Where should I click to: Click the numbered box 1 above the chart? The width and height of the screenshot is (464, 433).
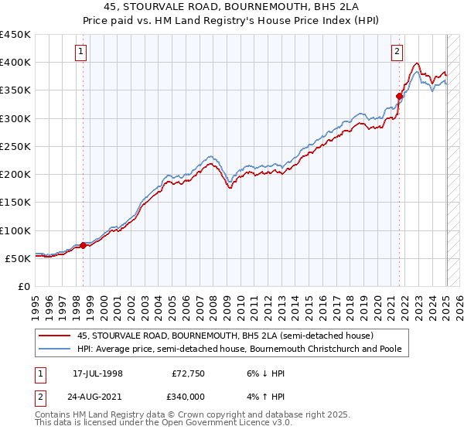pyautogui.click(x=82, y=53)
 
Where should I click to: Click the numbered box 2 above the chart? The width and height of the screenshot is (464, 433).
pyautogui.click(x=397, y=53)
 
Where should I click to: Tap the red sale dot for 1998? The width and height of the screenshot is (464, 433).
pyautogui.click(x=84, y=246)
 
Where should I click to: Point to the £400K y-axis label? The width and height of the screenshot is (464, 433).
pyautogui.click(x=15, y=63)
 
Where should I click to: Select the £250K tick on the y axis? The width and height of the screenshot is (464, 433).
pyautogui.click(x=15, y=146)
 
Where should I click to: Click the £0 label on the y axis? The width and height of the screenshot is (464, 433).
pyautogui.click(x=24, y=286)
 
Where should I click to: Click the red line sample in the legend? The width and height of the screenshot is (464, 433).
pyautogui.click(x=56, y=336)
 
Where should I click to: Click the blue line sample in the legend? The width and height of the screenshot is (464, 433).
pyautogui.click(x=56, y=349)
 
